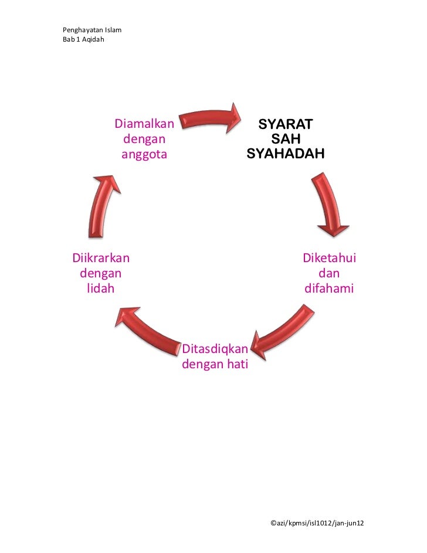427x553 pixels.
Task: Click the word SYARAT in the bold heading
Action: coord(285,125)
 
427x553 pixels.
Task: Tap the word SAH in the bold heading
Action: coord(285,140)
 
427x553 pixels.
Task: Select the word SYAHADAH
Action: coord(285,154)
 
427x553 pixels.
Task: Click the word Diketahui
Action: coord(329,258)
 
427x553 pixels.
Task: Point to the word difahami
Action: coord(329,289)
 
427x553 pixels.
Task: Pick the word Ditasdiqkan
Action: coord(215,350)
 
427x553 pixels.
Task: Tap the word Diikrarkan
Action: coord(101,258)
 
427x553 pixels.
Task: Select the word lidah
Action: coord(100,289)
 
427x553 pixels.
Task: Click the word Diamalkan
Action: coord(144,124)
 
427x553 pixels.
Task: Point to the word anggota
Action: coord(144,155)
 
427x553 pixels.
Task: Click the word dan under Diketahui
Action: coord(329,273)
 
